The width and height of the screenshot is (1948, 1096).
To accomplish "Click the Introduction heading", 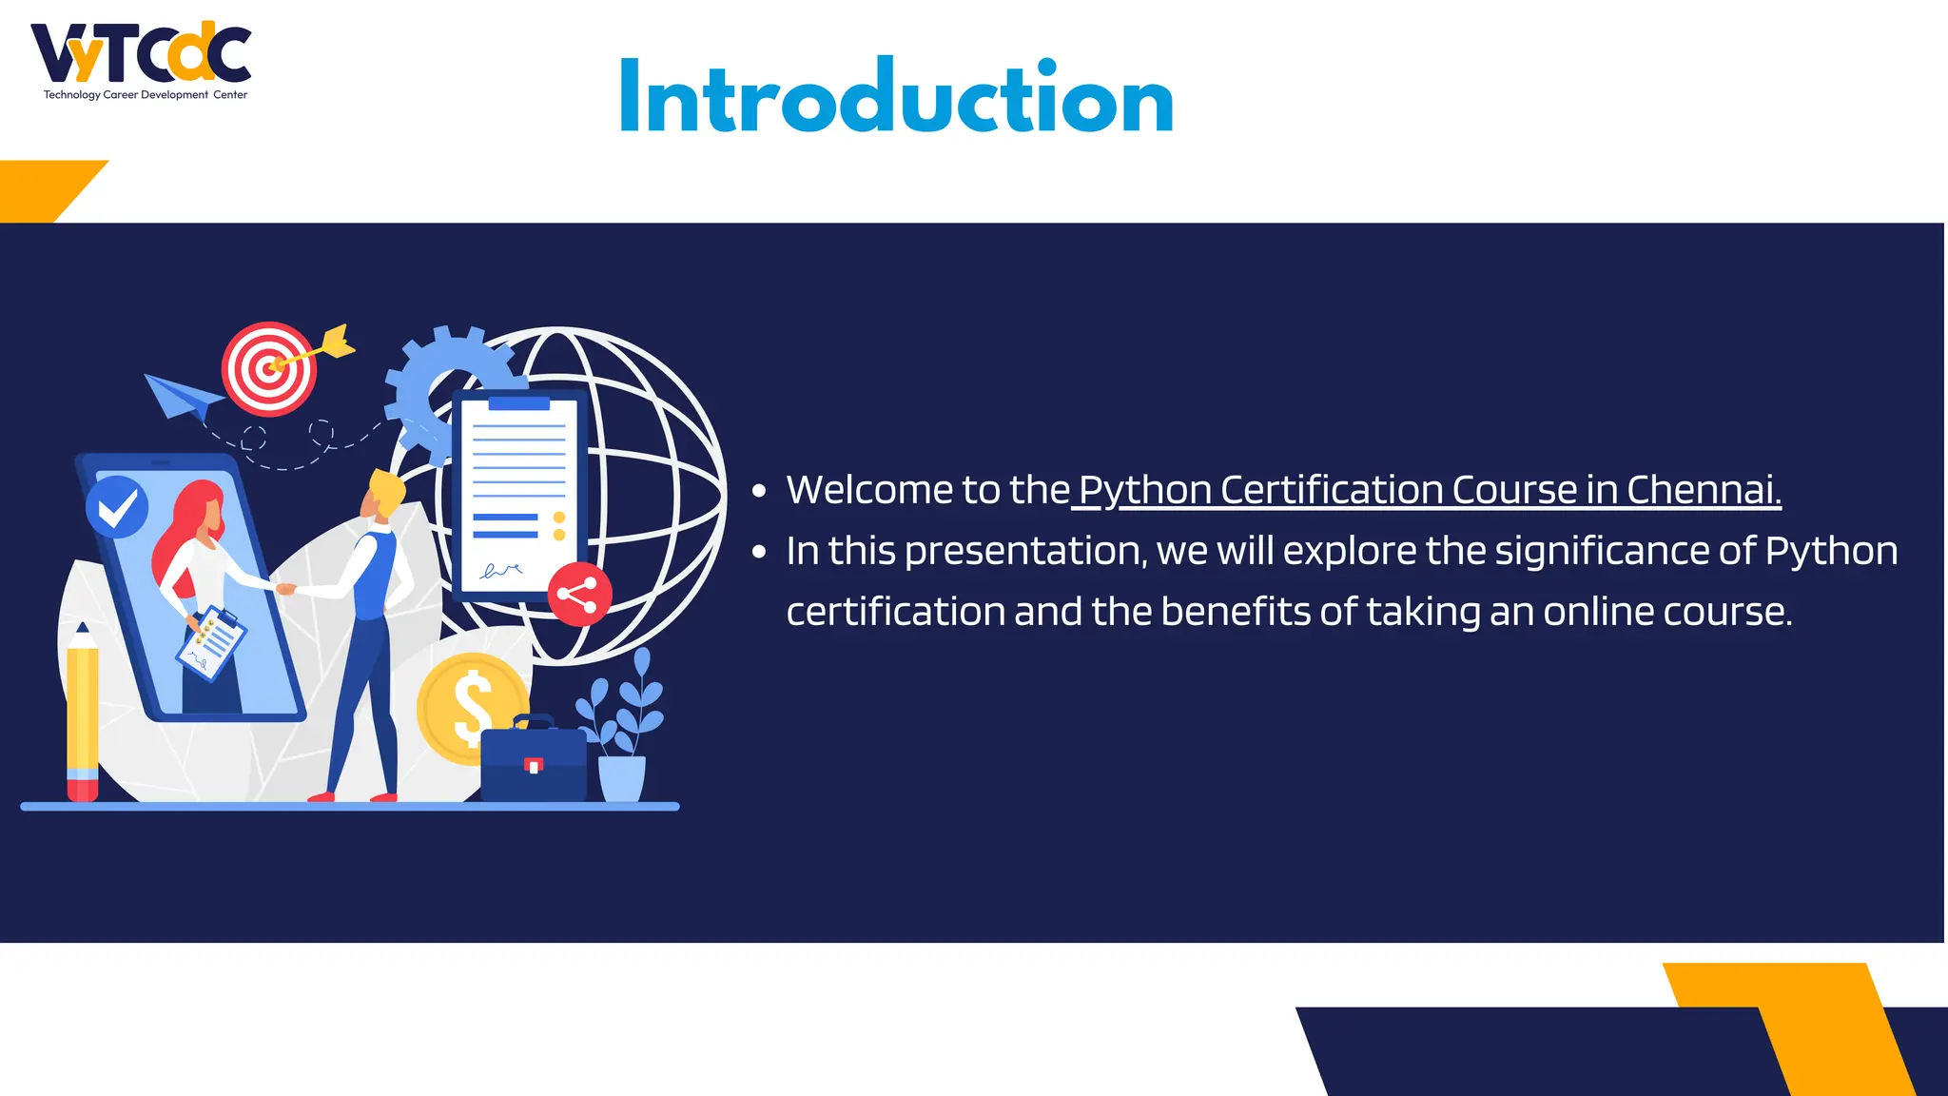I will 896,98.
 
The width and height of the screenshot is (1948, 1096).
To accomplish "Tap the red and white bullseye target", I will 269,369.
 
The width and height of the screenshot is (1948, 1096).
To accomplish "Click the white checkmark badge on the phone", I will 117,507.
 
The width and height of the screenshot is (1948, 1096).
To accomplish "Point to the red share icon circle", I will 579,594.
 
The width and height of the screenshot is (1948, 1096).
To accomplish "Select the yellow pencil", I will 83,714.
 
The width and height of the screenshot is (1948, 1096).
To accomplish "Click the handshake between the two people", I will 285,589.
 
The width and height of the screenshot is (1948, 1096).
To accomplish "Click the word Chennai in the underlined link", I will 1703,490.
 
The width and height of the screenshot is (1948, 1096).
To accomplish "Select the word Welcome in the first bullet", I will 869,490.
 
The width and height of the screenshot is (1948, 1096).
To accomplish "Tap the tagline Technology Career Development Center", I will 146,95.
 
